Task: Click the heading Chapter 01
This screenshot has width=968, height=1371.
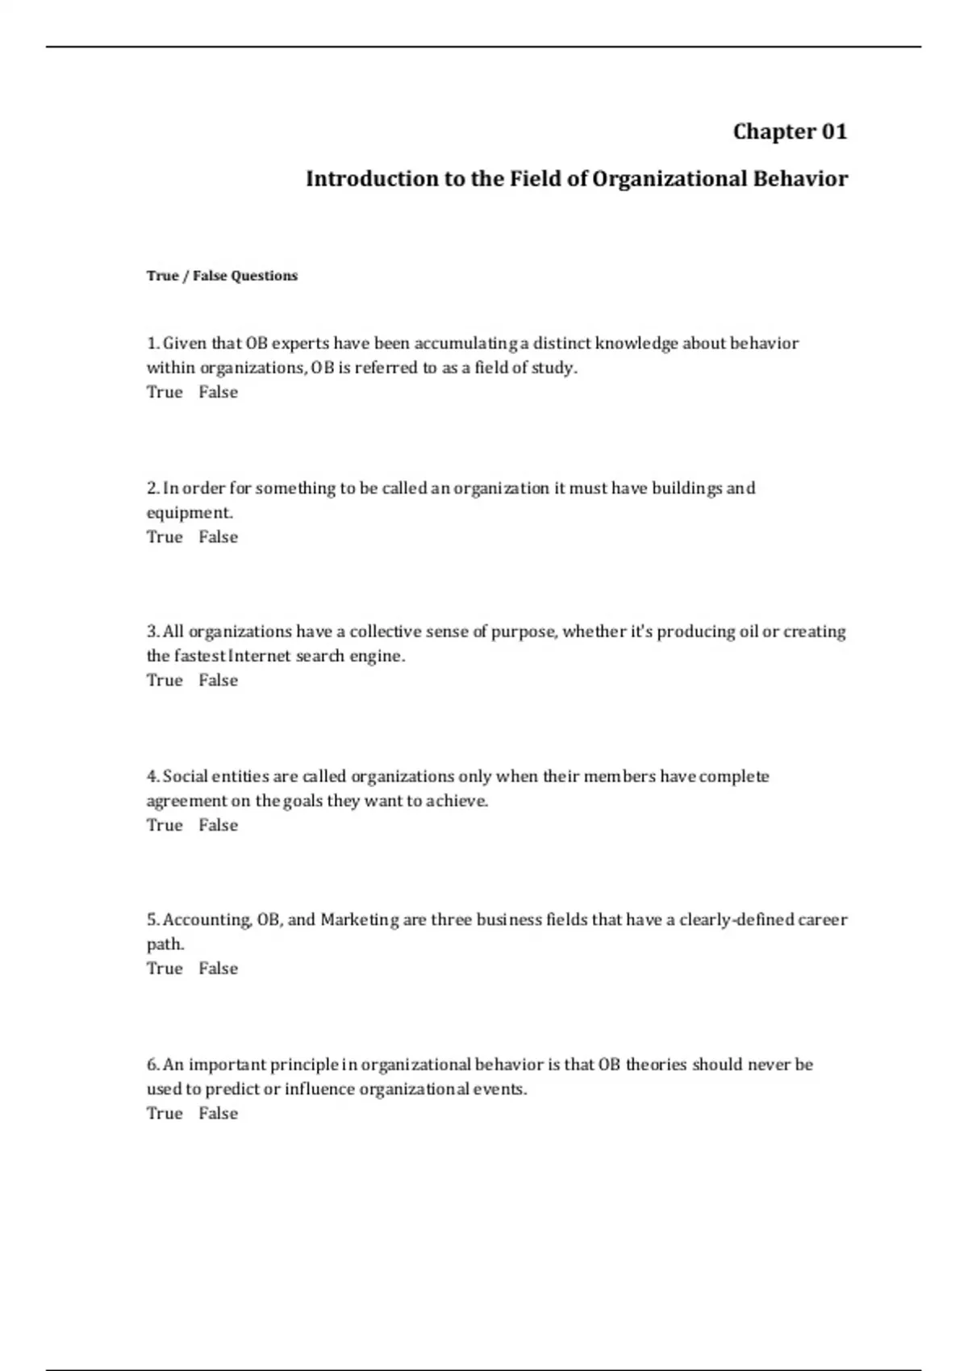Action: (790, 131)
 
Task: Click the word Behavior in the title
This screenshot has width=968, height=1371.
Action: (800, 178)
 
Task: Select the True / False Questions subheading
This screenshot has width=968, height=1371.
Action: (222, 276)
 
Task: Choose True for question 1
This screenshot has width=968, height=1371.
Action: (165, 392)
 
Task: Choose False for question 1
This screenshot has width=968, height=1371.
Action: (219, 392)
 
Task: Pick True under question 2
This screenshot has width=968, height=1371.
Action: (165, 537)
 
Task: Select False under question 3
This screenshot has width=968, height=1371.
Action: (219, 681)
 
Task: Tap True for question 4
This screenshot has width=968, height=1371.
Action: (165, 825)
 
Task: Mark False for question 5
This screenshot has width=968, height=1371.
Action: (219, 969)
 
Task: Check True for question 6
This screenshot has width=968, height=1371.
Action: (165, 1114)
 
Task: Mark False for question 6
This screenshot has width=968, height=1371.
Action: (219, 1114)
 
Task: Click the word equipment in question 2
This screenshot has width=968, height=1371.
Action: (189, 513)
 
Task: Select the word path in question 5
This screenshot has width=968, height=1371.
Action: (165, 944)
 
